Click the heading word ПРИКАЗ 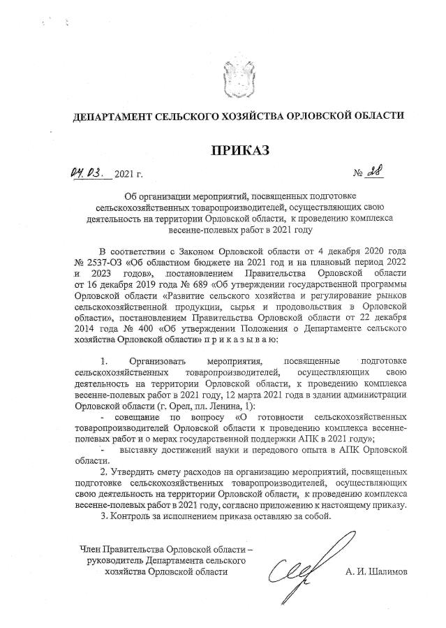(x=239, y=149)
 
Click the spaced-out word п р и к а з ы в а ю (x=241, y=339)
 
